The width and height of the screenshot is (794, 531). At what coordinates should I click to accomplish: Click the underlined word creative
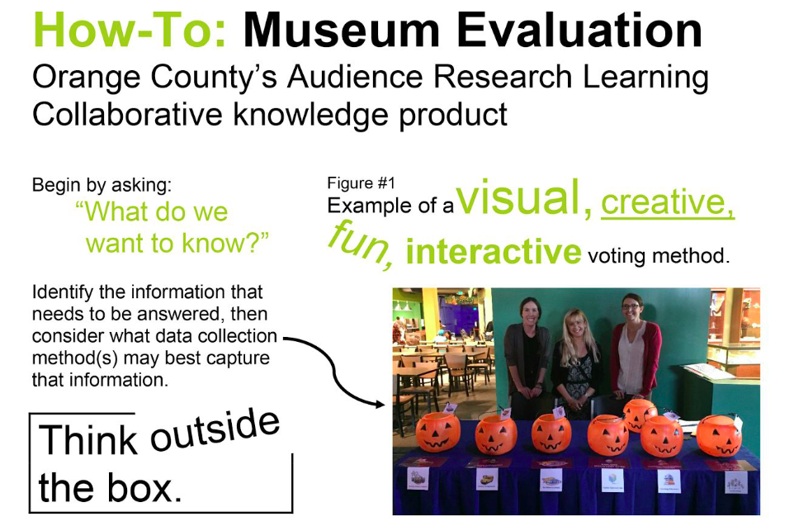pos(667,202)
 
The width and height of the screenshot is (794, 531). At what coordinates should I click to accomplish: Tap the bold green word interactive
pos(494,251)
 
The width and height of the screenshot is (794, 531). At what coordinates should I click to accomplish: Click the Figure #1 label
pos(361,183)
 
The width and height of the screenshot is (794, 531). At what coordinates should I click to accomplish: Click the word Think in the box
pos(88,439)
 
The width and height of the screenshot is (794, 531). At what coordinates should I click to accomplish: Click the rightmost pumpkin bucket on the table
pos(718,436)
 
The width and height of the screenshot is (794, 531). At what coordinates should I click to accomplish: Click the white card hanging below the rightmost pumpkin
pos(734,482)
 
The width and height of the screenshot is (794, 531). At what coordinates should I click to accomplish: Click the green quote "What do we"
pos(152,212)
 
